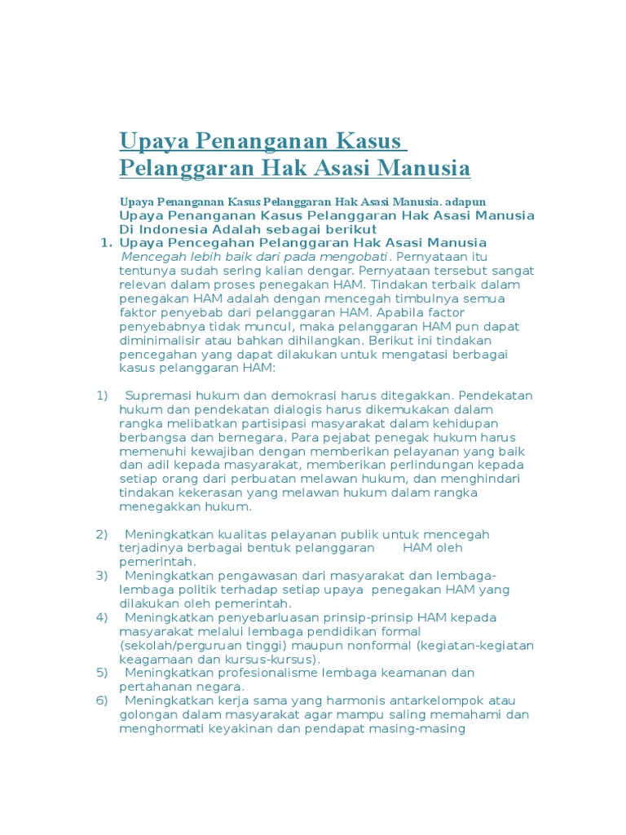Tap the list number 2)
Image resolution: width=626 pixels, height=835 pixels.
click(102, 534)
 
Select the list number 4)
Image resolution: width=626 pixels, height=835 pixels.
click(102, 617)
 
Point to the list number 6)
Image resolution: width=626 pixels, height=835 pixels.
click(102, 700)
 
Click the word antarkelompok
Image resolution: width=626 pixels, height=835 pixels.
click(440, 700)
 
